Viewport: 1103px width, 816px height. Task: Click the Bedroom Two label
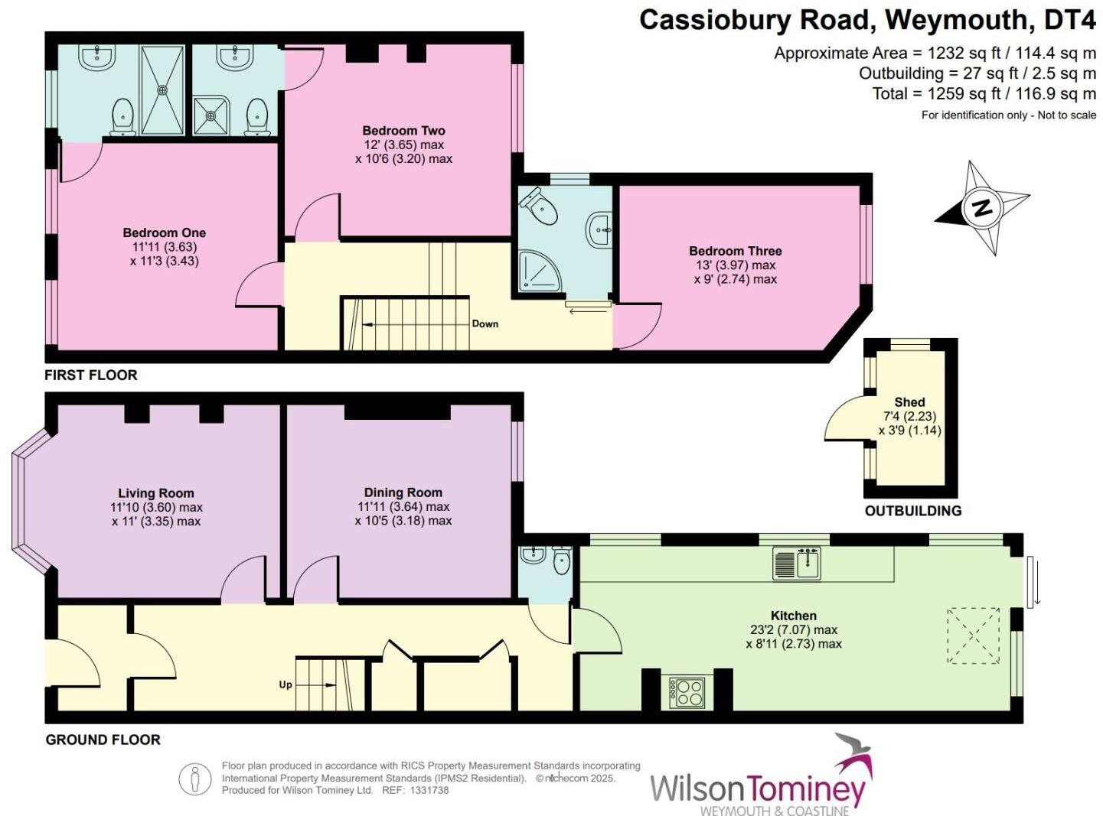[x=403, y=131]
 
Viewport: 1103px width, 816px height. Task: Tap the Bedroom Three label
[x=735, y=251]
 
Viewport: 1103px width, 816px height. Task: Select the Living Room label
[x=155, y=493]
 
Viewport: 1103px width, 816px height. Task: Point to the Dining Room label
[x=403, y=493]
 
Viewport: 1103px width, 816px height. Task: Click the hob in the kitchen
[x=687, y=692]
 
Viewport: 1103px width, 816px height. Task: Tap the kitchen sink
[x=797, y=563]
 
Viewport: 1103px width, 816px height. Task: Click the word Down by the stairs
[x=485, y=324]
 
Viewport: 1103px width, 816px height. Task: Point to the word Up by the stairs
[x=286, y=684]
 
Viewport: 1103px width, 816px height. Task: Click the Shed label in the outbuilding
[x=909, y=402]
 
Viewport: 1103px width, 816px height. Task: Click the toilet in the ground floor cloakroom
[x=562, y=560]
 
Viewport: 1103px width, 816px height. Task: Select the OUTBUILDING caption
[x=913, y=511]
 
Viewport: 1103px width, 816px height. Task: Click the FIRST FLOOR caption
[x=91, y=375]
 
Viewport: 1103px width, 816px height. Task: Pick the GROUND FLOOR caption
[x=103, y=740]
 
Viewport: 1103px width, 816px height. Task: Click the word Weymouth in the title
[x=956, y=20]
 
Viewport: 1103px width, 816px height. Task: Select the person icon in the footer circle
[x=195, y=779]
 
